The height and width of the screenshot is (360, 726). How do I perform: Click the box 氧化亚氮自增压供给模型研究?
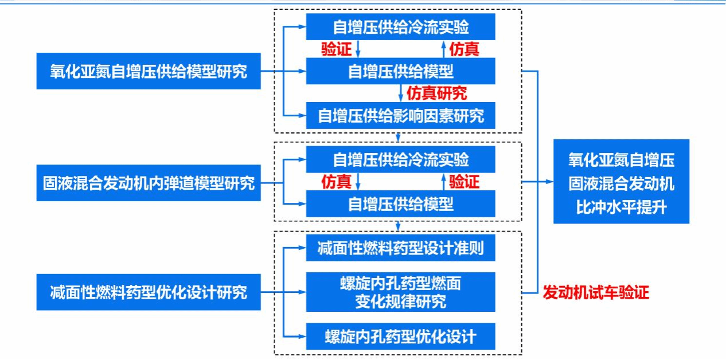149,72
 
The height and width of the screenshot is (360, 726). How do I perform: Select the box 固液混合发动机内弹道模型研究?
149,183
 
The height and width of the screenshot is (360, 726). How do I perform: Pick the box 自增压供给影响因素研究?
400,116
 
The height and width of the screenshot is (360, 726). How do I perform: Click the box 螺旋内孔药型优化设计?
400,335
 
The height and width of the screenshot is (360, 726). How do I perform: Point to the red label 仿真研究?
436,93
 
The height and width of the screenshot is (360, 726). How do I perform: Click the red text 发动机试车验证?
595,293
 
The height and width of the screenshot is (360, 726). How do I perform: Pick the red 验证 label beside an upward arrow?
464,183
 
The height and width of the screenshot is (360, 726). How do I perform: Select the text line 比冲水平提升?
621,207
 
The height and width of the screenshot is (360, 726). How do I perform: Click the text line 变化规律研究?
400,301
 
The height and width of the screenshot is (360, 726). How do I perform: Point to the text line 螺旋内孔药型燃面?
400,283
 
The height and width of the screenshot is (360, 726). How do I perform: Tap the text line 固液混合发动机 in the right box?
621,183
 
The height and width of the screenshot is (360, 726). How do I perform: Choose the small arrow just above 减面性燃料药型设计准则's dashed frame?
398,225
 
